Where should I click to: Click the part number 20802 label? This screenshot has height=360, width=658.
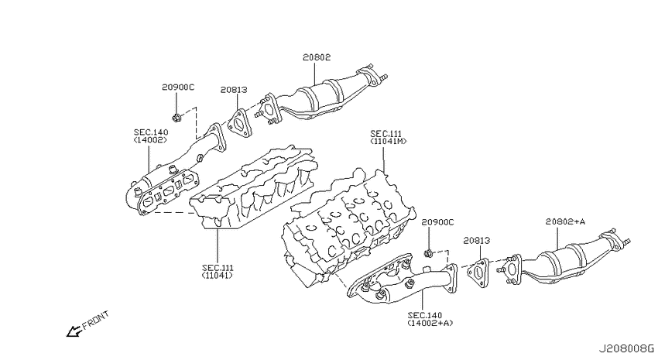tap(317, 57)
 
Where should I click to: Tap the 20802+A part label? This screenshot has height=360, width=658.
tap(565, 221)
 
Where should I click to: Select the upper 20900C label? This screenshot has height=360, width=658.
tap(178, 87)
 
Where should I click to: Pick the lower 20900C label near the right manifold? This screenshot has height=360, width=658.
tap(437, 222)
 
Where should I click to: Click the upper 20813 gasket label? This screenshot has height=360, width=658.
tap(234, 90)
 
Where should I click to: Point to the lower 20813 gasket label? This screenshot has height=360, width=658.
tap(477, 241)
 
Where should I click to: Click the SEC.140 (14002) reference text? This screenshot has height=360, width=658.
tap(151, 136)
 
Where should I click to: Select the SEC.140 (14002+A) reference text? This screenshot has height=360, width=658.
tap(430, 319)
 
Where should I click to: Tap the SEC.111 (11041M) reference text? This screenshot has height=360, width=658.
tap(388, 138)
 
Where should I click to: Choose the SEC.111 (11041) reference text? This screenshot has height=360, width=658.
tap(218, 272)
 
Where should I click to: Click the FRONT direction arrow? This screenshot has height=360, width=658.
tap(73, 331)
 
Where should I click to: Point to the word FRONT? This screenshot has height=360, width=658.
tap(96, 320)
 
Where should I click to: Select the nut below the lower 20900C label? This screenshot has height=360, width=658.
tap(428, 253)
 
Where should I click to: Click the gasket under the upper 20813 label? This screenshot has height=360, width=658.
tap(240, 123)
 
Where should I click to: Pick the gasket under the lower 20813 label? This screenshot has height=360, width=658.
tap(478, 273)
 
